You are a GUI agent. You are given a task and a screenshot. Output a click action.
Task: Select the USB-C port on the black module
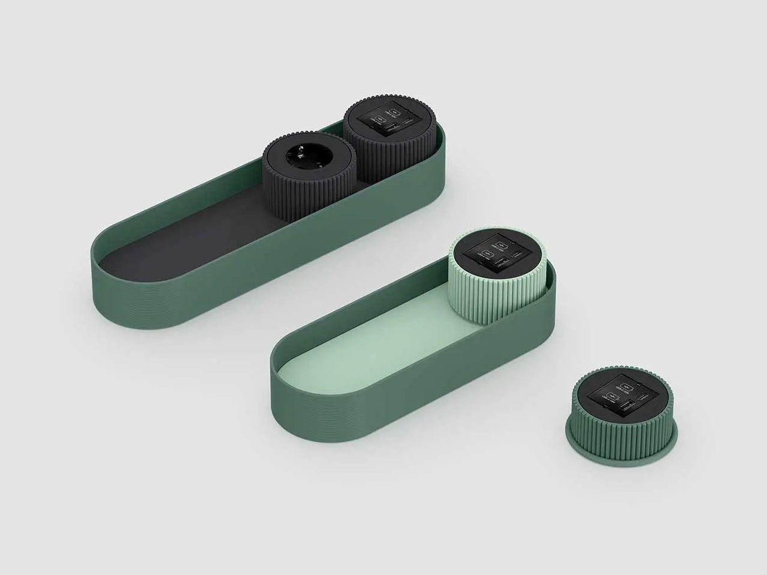coord(408,122)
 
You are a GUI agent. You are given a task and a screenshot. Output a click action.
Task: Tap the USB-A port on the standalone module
coord(626,407)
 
